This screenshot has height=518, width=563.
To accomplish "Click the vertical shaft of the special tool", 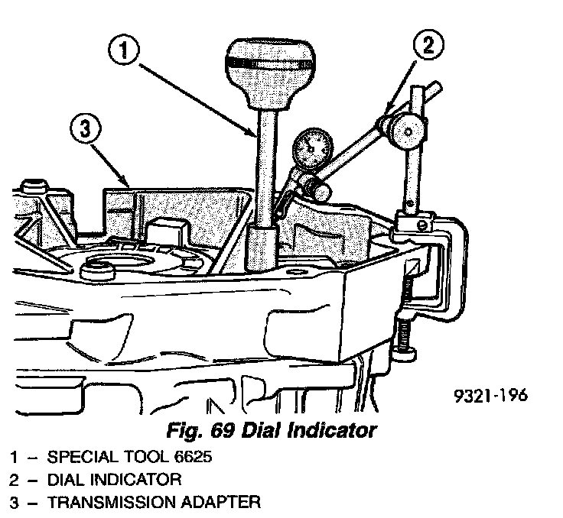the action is coord(267,168).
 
